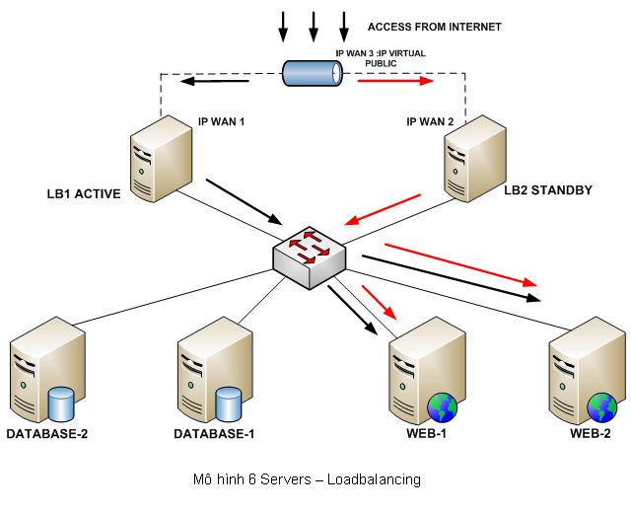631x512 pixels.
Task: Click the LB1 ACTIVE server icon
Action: coord(161,158)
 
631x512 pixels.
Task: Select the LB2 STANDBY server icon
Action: coord(475,158)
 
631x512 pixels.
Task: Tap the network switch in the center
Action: coord(309,258)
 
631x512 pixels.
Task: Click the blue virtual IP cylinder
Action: coord(313,73)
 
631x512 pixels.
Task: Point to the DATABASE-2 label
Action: coord(47,433)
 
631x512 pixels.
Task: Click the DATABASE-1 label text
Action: coord(214,433)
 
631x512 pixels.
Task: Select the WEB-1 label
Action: coord(426,433)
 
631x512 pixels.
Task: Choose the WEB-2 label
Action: coord(590,433)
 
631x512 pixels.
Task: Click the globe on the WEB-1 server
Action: coord(443,407)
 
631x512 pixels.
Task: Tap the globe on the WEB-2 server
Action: coord(602,407)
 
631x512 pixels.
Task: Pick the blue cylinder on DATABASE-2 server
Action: coord(61,403)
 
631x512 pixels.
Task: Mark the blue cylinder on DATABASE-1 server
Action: coord(229,403)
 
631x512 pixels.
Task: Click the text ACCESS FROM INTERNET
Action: coord(434,27)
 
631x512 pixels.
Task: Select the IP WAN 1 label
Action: coord(221,121)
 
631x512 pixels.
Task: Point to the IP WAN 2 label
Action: coord(430,121)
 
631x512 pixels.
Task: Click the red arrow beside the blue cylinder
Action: coord(395,81)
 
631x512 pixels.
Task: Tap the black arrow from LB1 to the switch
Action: coord(244,201)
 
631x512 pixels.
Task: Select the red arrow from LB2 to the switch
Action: coord(383,210)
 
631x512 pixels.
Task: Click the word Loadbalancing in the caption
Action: coord(374,479)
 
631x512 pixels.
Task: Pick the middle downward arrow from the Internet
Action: coord(314,27)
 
